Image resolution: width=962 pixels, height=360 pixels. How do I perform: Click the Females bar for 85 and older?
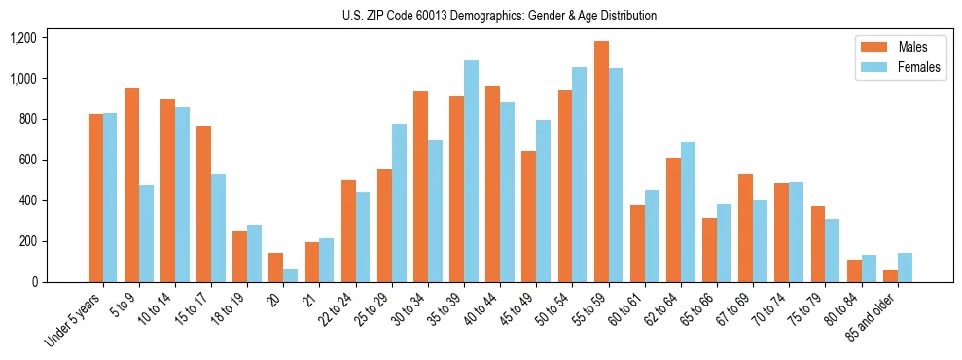click(x=905, y=268)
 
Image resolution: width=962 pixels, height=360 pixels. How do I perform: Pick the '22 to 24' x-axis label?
click(x=336, y=309)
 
